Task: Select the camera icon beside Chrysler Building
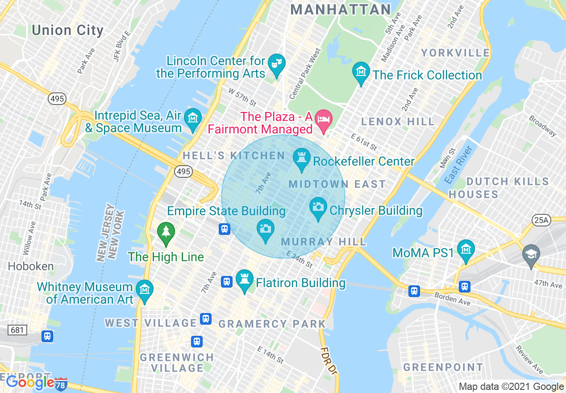[318, 207]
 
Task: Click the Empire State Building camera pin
[266, 229]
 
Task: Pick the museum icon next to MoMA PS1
[466, 249]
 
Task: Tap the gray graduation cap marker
[531, 255]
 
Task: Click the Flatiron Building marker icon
[244, 280]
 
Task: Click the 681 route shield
[17, 330]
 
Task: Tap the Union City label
[67, 30]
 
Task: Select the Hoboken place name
[31, 267]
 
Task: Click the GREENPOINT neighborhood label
[443, 367]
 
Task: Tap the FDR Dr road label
[328, 360]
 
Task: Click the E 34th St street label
[300, 260]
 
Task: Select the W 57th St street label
[242, 97]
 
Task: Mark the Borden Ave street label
[452, 298]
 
